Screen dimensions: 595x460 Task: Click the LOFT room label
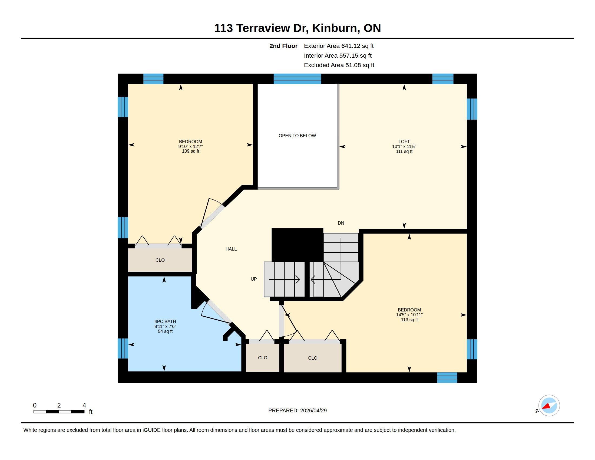404,142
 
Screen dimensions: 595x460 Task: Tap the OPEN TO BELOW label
297,136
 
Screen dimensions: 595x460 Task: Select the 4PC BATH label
165,321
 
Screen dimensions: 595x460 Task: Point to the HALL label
231,249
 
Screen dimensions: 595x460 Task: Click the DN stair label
341,223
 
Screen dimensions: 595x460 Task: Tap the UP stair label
254,279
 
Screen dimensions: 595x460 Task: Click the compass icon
549,406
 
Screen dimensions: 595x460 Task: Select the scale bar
59,412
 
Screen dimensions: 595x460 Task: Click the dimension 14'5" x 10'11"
409,315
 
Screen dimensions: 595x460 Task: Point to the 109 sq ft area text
190,151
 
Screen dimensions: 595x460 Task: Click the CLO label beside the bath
263,358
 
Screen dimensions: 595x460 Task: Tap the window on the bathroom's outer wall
123,348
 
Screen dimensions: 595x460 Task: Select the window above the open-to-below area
297,79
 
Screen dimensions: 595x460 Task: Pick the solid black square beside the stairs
297,245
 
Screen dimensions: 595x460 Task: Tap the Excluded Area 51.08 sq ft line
339,65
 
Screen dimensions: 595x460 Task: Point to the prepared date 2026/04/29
313,410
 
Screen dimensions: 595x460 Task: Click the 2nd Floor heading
283,46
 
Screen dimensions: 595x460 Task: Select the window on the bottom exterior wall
447,378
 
